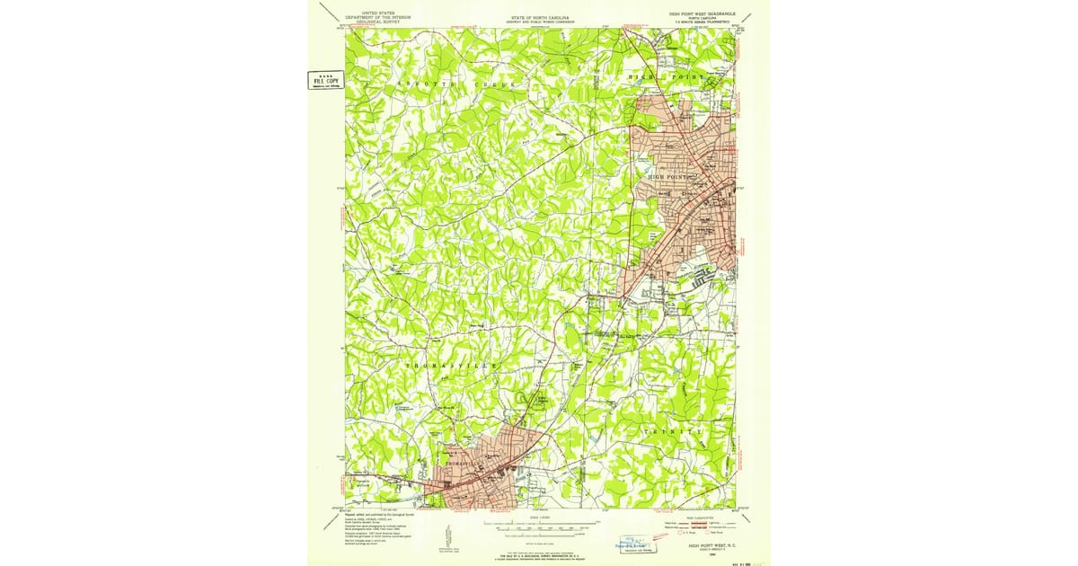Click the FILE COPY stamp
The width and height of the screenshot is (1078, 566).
tap(319, 81)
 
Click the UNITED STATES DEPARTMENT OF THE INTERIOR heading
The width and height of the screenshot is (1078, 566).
tap(377, 18)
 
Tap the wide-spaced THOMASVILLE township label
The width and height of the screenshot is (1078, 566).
tap(453, 367)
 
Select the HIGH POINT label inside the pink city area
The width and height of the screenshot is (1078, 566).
tap(672, 177)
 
